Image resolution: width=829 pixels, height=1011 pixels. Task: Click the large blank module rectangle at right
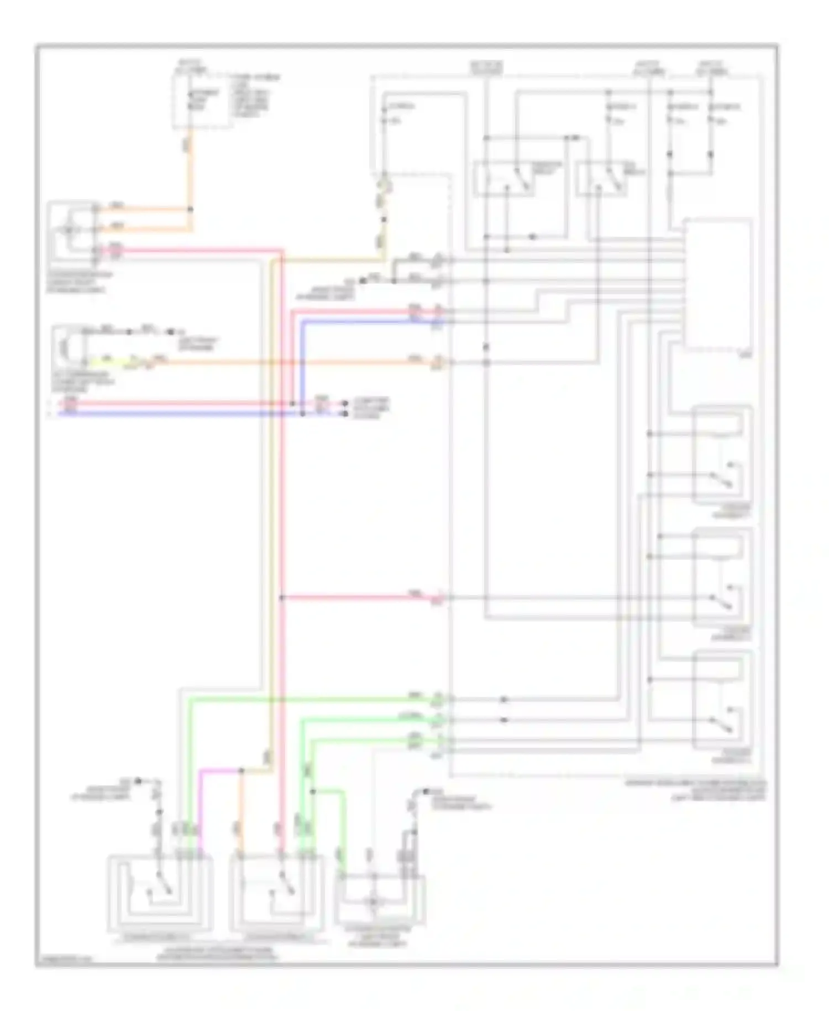point(718,283)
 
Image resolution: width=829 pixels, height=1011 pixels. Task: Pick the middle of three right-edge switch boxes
point(722,577)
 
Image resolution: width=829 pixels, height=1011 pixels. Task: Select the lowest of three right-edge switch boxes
point(722,700)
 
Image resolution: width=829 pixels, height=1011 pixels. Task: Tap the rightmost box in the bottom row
point(380,899)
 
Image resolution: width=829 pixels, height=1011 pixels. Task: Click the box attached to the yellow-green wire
point(69,347)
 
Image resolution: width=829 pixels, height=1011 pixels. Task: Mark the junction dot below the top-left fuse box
point(191,210)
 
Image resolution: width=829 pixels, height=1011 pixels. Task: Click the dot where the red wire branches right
point(282,597)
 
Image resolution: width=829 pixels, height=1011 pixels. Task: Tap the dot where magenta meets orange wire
point(242,770)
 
